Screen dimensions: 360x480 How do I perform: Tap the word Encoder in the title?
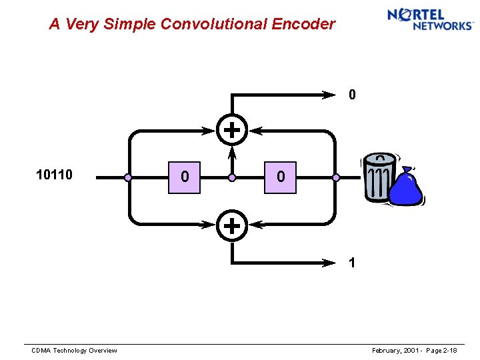tap(303, 25)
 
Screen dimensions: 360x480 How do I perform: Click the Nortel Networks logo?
tap(430, 19)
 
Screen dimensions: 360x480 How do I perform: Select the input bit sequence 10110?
tap(54, 175)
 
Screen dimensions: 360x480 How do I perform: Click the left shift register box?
tap(184, 177)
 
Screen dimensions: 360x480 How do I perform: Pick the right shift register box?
tap(280, 177)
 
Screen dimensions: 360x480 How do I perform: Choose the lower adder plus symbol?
tap(231, 226)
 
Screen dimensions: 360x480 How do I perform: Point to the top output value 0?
tap(353, 95)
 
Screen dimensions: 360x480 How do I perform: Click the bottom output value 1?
tap(353, 263)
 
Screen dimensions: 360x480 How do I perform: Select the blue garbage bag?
tap(406, 187)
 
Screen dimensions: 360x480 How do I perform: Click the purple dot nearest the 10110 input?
tap(128, 178)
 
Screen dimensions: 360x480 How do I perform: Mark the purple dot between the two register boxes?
tap(232, 178)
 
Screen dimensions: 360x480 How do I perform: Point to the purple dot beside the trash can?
tap(336, 178)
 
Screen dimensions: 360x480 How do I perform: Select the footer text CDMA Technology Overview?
tap(75, 351)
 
